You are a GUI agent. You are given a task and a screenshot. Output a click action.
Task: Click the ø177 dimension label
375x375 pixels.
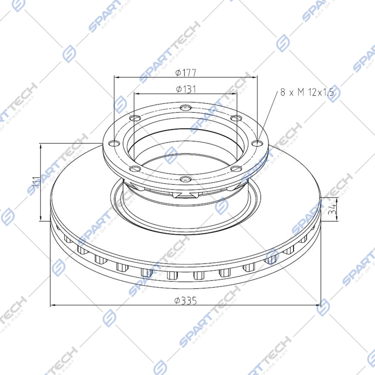pos(186,72)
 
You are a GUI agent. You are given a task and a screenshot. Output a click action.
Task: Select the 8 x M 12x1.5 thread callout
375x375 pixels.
pos(308,93)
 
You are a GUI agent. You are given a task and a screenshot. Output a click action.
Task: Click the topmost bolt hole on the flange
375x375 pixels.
pos(184,108)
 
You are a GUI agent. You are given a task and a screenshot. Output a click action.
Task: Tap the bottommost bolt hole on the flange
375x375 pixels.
pos(184,178)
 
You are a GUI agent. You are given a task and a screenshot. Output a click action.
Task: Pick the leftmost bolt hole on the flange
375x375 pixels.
pos(111,143)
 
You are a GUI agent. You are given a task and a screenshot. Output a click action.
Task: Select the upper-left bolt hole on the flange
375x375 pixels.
pos(134,119)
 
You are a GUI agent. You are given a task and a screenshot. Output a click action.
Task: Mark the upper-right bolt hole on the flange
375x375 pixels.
pos(235,119)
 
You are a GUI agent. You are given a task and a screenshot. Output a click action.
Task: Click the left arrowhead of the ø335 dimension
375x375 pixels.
pos(52,305)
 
